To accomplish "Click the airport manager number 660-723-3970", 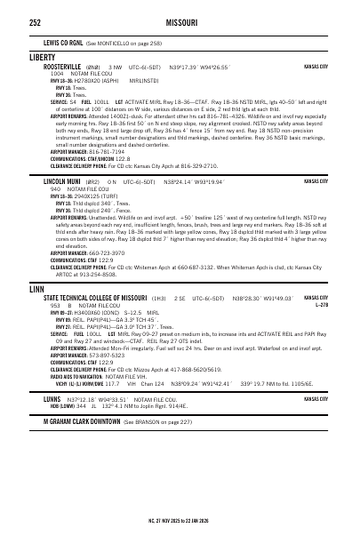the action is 109,252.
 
